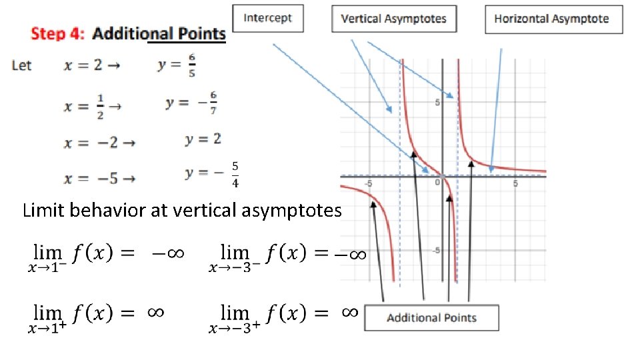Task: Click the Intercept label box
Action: [x=267, y=18]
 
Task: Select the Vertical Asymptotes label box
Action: [x=394, y=19]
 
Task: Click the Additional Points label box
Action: [x=431, y=317]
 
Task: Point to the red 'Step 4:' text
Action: [x=59, y=34]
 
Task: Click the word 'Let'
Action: [x=22, y=65]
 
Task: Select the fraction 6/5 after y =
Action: [x=191, y=65]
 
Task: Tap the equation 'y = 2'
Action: [x=203, y=139]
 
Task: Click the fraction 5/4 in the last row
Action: [x=236, y=173]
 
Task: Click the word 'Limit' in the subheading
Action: [x=41, y=211]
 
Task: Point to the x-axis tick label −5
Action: [x=367, y=183]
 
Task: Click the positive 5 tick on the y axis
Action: [x=437, y=102]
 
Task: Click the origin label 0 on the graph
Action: [x=438, y=182]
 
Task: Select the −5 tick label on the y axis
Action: [x=435, y=250]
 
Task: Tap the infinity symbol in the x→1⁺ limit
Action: [x=155, y=312]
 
